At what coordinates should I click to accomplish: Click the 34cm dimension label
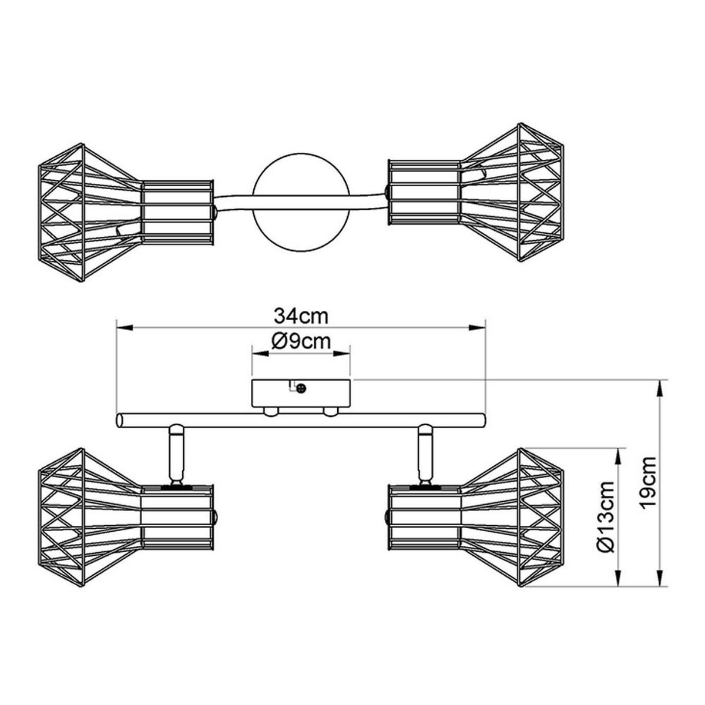point(301,315)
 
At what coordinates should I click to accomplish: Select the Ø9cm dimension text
point(301,341)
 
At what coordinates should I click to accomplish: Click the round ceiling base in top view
point(301,204)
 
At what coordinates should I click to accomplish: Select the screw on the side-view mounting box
point(302,388)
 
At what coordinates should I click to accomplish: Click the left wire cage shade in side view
point(88,517)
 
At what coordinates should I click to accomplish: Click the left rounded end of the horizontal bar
point(120,421)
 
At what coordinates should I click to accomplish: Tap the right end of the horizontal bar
point(483,421)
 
